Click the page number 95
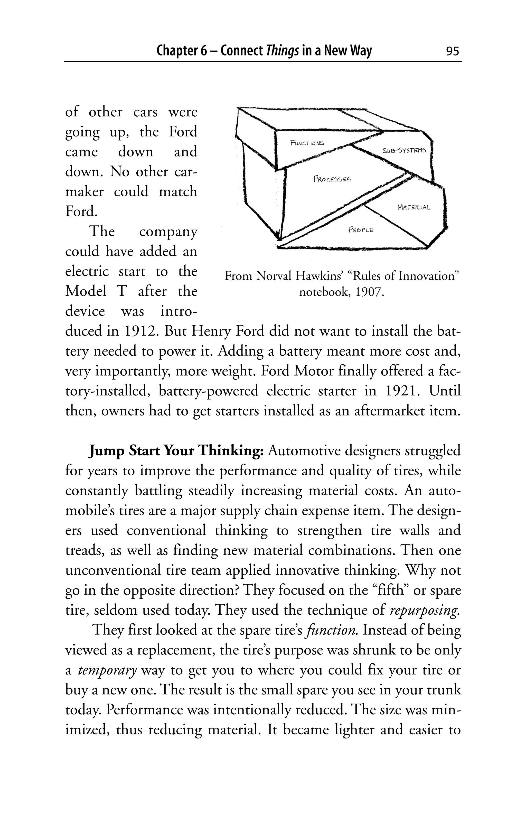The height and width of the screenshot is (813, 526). (452, 51)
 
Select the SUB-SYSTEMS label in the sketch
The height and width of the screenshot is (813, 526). (405, 150)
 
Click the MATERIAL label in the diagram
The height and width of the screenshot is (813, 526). (414, 207)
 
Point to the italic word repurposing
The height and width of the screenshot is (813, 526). (425, 610)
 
